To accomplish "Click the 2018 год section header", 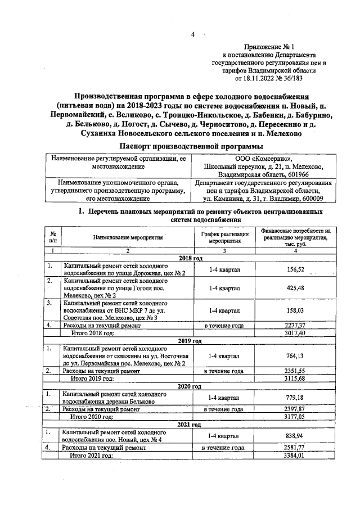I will pyautogui.click(x=190, y=258).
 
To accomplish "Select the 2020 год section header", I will pyautogui.click(x=190, y=387).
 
